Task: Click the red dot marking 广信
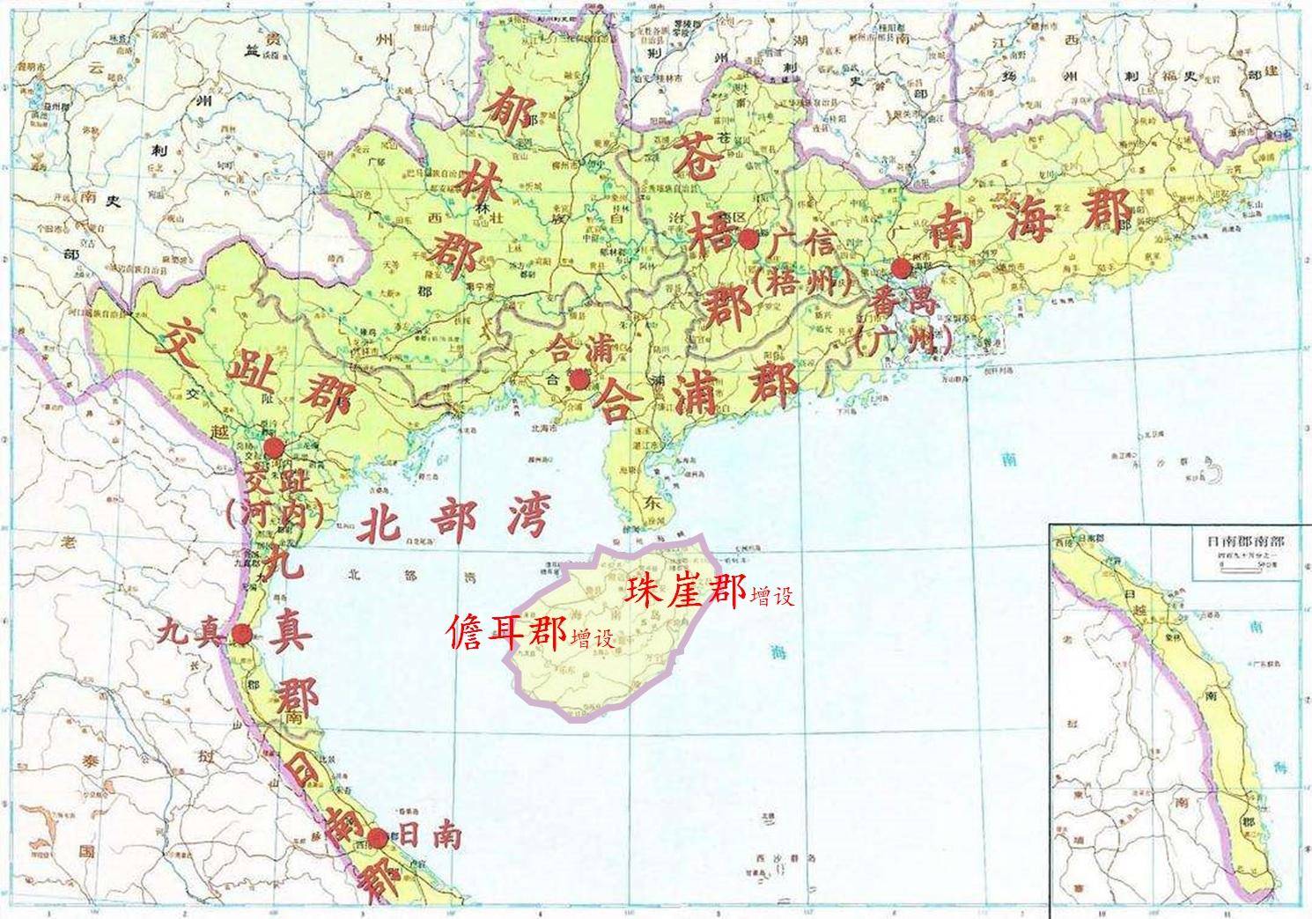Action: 748,239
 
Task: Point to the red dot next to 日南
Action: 378,838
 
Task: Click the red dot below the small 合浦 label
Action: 579,379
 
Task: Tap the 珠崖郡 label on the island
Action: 685,591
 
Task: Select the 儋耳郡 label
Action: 505,632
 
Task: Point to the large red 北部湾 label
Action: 452,522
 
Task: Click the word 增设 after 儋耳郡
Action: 592,638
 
